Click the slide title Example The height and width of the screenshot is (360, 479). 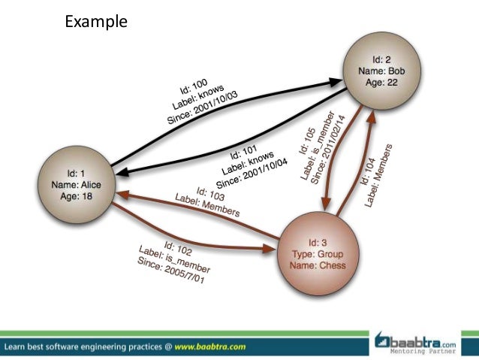96,21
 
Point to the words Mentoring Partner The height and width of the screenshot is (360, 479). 428,352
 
